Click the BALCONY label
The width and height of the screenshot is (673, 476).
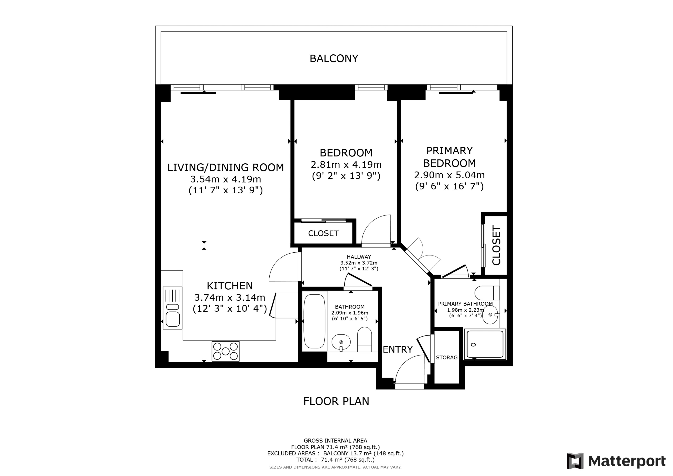tap(334, 59)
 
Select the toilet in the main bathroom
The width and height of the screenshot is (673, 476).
tap(365, 340)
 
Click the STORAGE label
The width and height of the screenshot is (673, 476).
tap(447, 358)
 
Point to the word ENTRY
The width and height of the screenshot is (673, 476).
tap(398, 349)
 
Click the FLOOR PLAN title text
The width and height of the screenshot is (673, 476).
tap(336, 401)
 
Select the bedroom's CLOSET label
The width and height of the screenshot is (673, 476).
tap(323, 233)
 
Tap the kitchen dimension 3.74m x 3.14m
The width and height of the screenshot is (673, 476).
tap(230, 298)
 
